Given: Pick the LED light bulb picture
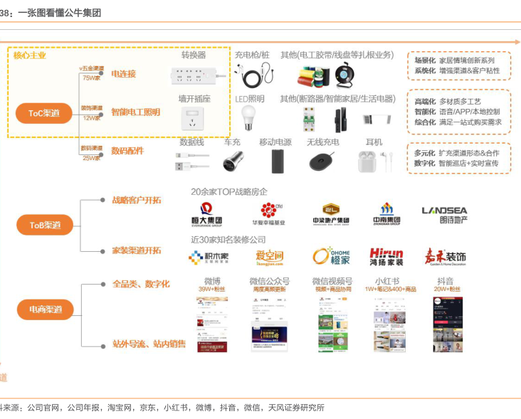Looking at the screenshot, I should click(x=248, y=117).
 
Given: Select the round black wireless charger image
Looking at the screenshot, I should click(x=323, y=162).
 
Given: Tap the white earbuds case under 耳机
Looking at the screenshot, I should click(x=368, y=161).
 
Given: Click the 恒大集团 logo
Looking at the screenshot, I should click(x=207, y=213).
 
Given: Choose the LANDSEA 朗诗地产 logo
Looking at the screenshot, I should click(x=444, y=214).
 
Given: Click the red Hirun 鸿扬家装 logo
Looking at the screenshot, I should click(x=386, y=257).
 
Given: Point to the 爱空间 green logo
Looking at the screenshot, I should click(x=270, y=257).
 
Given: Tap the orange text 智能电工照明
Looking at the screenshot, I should click(x=135, y=112).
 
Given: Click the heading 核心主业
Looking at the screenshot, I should click(x=30, y=55).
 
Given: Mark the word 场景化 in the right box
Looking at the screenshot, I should click(x=425, y=60).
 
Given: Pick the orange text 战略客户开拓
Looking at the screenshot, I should click(x=137, y=200).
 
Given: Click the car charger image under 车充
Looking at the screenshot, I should click(x=233, y=161).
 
